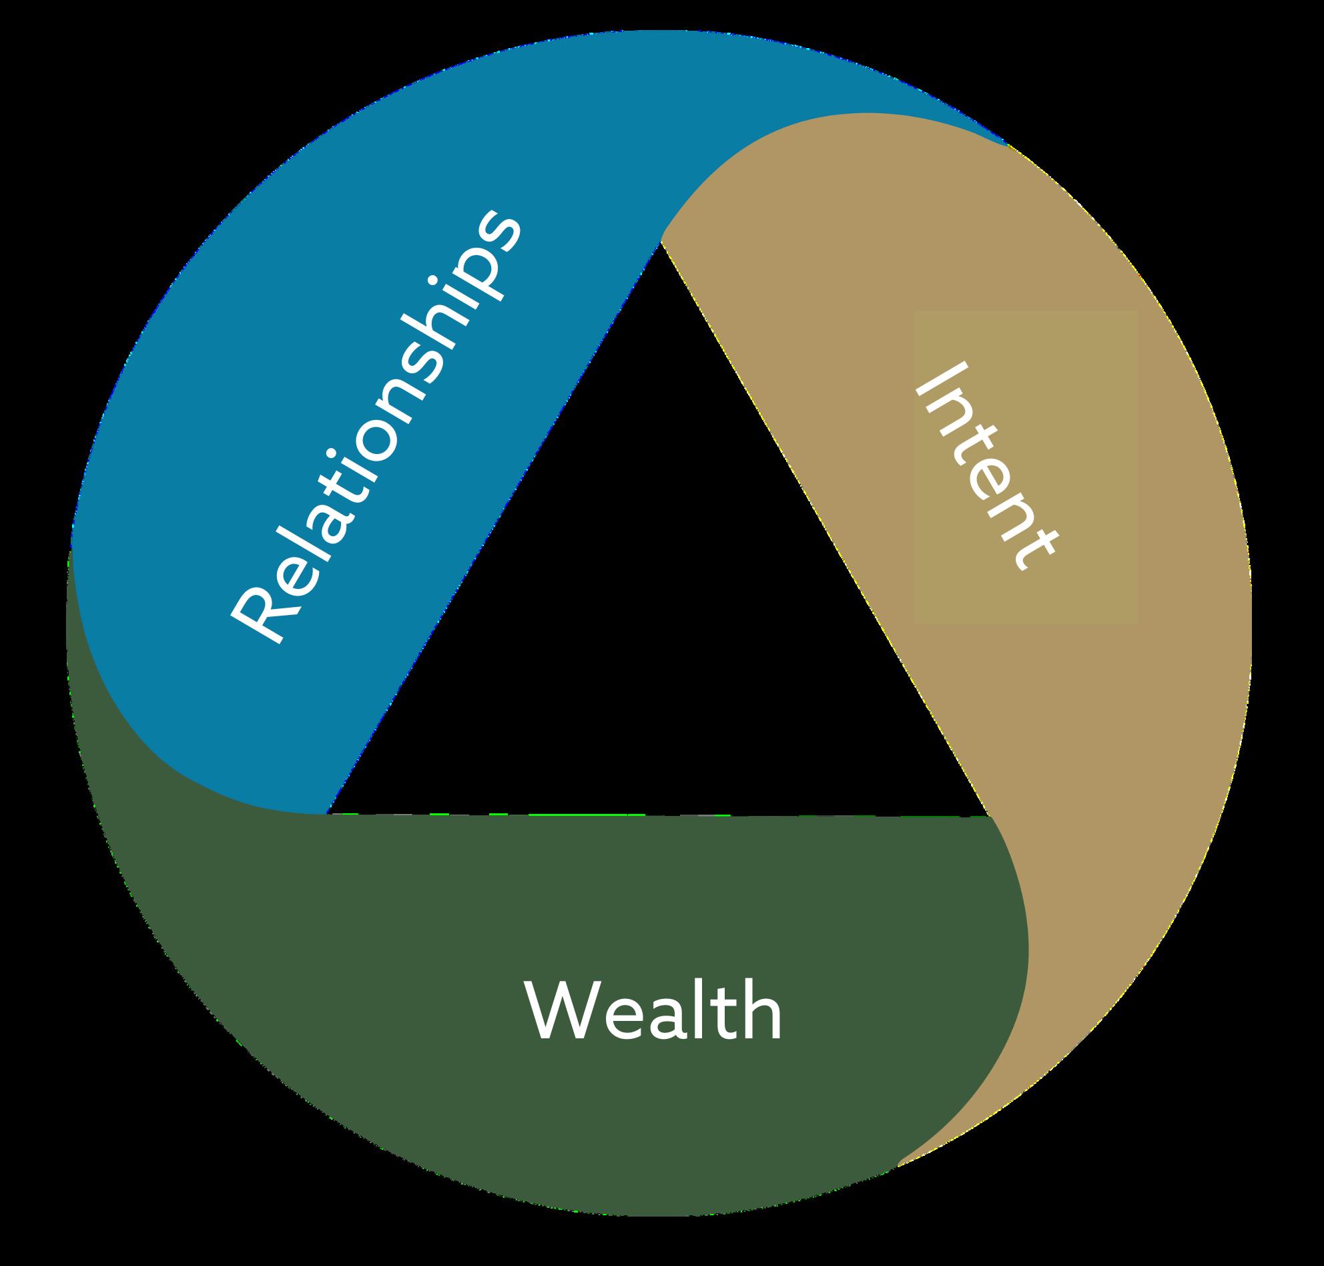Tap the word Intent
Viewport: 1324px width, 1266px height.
coord(986,467)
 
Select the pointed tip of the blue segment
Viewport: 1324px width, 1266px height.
coord(1006,144)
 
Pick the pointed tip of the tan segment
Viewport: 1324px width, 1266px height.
coord(898,1165)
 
